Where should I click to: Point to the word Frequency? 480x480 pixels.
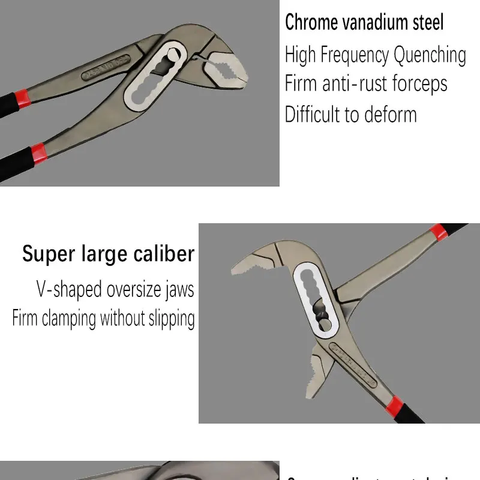(x=355, y=55)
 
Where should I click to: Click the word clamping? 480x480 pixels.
(x=69, y=318)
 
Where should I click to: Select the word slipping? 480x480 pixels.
(x=172, y=318)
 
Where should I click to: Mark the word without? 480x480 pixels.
(x=123, y=318)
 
